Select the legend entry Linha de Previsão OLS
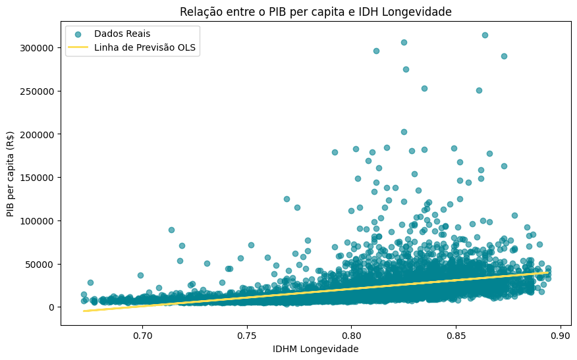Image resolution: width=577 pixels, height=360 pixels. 145,47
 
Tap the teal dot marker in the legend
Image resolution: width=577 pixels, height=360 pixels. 79,33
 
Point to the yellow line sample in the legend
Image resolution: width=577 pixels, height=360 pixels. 79,47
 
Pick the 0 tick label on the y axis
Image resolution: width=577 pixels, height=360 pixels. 51,307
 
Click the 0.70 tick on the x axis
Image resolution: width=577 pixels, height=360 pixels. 142,335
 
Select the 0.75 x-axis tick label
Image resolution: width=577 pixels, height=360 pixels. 247,335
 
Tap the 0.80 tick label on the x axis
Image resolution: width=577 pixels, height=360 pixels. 351,335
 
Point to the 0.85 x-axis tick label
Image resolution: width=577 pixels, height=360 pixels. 456,335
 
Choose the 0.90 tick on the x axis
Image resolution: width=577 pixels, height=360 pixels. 561,335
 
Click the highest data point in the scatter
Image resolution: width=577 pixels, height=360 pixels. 485,35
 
